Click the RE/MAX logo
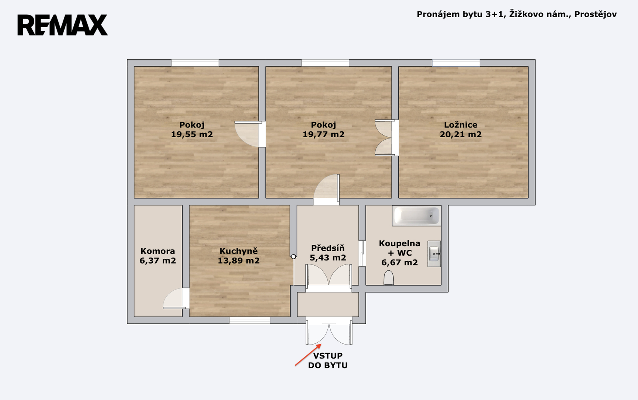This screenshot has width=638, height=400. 63,25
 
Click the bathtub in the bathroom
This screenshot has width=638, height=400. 416,216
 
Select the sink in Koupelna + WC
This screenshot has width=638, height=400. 434,254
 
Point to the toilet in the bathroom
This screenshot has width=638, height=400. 388,278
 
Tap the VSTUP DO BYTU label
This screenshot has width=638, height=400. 328,361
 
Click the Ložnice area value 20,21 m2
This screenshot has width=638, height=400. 461,134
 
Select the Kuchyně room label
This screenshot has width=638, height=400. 238,251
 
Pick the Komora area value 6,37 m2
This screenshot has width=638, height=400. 158,260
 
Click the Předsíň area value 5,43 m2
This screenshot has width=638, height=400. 328,258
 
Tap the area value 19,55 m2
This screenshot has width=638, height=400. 192,134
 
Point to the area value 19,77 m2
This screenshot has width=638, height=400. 323,134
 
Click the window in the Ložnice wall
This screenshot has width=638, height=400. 456,63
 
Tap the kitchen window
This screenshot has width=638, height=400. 250,320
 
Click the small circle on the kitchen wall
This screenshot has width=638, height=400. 293,257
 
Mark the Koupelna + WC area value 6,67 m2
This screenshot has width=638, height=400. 400,262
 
